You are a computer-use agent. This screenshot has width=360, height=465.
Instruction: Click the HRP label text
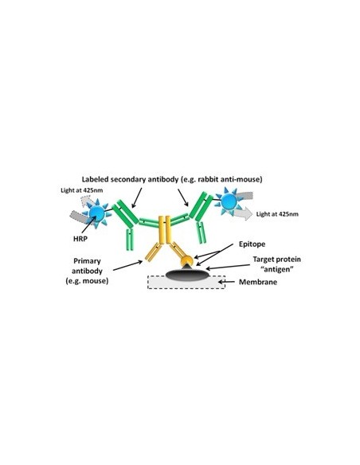tap(80, 238)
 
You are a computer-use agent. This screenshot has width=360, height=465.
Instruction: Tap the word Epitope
tap(252, 244)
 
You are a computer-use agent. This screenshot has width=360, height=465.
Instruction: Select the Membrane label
tap(258, 282)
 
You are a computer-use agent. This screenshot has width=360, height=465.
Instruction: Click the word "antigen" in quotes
tap(276, 269)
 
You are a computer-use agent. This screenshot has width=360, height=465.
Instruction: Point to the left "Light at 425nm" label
tap(81, 190)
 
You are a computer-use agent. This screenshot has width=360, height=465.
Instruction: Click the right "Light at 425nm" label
tap(277, 214)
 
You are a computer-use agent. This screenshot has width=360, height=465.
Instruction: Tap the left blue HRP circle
tap(96, 213)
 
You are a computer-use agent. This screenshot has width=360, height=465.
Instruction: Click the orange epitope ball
tap(187, 261)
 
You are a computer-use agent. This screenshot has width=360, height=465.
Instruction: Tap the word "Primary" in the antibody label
tap(87, 261)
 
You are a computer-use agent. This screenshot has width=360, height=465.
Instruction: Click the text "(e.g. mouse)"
tap(87, 280)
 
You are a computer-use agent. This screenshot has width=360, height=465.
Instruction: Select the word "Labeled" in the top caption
tap(93, 179)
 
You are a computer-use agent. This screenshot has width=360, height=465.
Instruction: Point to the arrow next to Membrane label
tap(229, 281)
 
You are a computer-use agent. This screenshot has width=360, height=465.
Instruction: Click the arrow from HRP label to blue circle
tap(88, 225)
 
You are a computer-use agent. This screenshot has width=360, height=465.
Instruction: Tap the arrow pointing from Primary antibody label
tap(127, 265)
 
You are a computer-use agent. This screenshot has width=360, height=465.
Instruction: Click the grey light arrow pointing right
tap(242, 213)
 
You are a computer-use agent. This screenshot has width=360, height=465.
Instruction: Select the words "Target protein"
tap(276, 260)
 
